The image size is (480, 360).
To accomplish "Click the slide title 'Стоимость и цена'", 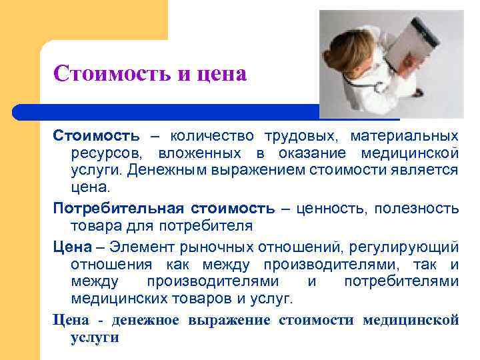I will click(x=150, y=73).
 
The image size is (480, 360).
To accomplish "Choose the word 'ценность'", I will click(x=335, y=209).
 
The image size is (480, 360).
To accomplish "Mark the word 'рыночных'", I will click(x=199, y=247).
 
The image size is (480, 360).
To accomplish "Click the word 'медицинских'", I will click(x=114, y=298).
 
